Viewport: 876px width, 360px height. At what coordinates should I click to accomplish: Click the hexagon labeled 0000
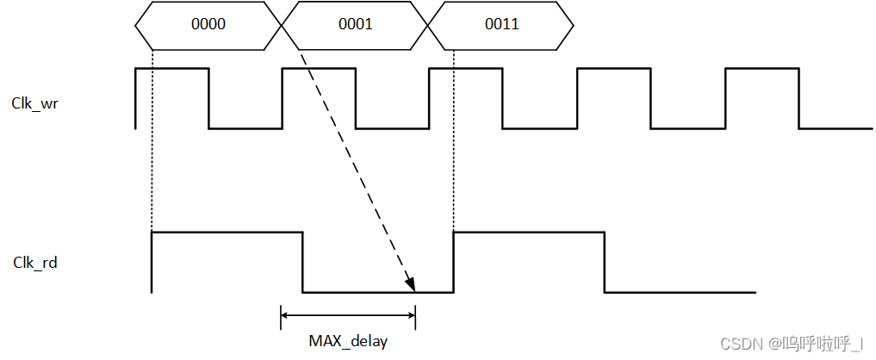point(208,24)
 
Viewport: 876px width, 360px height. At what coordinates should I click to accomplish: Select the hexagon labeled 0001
point(355,24)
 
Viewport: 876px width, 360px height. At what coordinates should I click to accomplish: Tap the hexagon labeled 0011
point(501,24)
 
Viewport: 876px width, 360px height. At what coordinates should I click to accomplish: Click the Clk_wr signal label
point(35,103)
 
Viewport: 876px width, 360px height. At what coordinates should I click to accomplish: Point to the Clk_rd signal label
point(35,262)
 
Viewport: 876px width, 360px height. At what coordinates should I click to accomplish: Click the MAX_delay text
point(348,341)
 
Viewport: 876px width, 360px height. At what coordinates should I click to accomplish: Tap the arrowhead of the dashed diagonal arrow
point(411,284)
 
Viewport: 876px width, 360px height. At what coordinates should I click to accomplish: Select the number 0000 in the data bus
point(208,24)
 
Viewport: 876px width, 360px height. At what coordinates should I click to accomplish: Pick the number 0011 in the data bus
point(501,24)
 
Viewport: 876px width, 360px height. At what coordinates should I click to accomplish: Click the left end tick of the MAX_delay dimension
point(282,317)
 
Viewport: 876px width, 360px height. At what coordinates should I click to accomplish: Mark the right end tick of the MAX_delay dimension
point(415,317)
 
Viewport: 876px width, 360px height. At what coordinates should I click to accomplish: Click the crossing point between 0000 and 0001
point(283,24)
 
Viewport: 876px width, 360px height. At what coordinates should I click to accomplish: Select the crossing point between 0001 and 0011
point(429,24)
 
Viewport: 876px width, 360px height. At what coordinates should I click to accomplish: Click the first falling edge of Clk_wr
point(209,98)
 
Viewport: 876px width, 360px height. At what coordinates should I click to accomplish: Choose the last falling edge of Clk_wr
point(798,98)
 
